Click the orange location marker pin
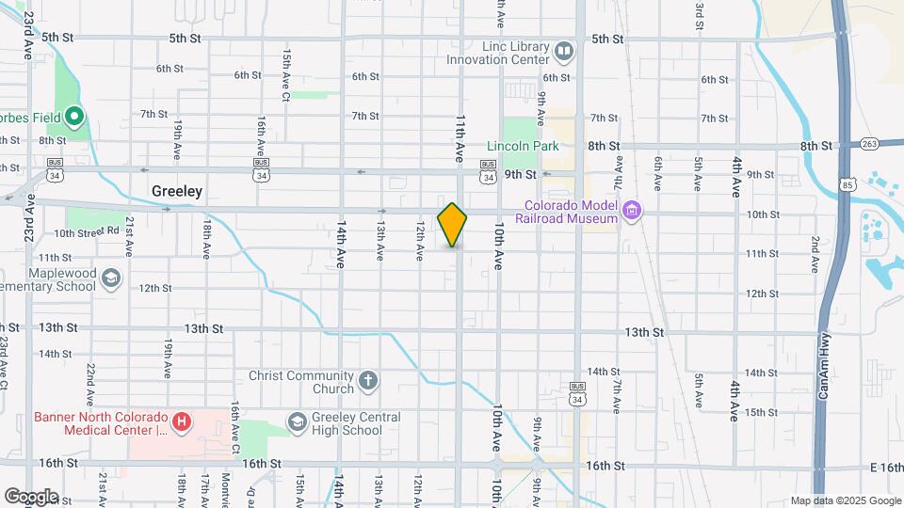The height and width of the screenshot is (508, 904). [452, 225]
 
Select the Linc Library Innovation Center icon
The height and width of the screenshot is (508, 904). [563, 50]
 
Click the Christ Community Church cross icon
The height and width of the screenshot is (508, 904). [367, 381]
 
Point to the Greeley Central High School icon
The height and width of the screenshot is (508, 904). [298, 421]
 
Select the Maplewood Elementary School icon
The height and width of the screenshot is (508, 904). [111, 278]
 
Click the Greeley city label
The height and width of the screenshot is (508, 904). [177, 191]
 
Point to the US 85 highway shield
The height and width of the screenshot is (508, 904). [848, 184]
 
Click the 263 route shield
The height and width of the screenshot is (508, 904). [868, 144]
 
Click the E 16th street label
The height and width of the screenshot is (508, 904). [886, 467]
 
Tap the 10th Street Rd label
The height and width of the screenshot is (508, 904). [87, 231]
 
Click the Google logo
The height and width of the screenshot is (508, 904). [31, 496]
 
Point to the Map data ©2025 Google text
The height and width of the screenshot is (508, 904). [846, 500]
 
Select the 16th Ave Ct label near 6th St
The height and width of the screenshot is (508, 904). [285, 76]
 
